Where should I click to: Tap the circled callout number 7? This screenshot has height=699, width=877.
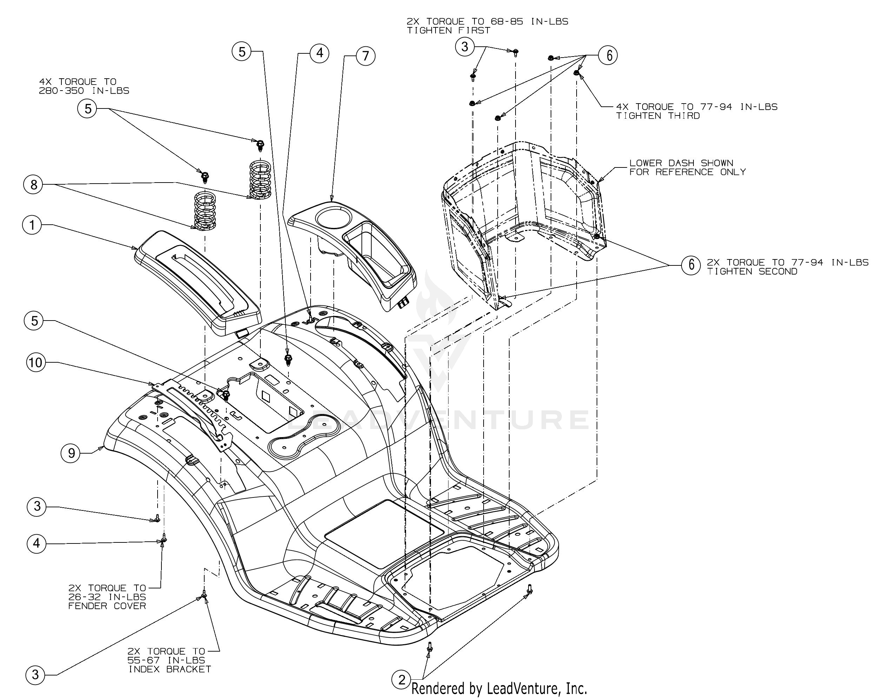pyautogui.click(x=365, y=55)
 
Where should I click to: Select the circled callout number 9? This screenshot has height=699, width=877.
pyautogui.click(x=71, y=453)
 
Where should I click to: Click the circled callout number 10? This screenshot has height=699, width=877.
pyautogui.click(x=36, y=362)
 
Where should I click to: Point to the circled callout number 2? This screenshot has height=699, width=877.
pyautogui.click(x=401, y=679)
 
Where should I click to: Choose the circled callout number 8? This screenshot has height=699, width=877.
pyautogui.click(x=33, y=185)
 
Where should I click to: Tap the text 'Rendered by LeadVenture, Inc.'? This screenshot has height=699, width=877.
pyautogui.click(x=499, y=688)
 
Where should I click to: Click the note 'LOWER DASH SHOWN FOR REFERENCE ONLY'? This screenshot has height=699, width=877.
pyautogui.click(x=687, y=167)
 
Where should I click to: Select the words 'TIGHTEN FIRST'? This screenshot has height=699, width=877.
pyautogui.click(x=448, y=31)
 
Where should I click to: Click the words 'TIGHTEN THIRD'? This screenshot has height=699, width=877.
pyautogui.click(x=658, y=116)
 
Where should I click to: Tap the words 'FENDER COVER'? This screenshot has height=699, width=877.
pyautogui.click(x=107, y=606)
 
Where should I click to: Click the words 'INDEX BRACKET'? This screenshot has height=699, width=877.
pyautogui.click(x=170, y=669)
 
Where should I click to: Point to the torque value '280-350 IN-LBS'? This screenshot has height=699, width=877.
pyautogui.click(x=84, y=91)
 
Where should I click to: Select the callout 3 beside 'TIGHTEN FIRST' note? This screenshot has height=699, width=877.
pyautogui.click(x=464, y=46)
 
